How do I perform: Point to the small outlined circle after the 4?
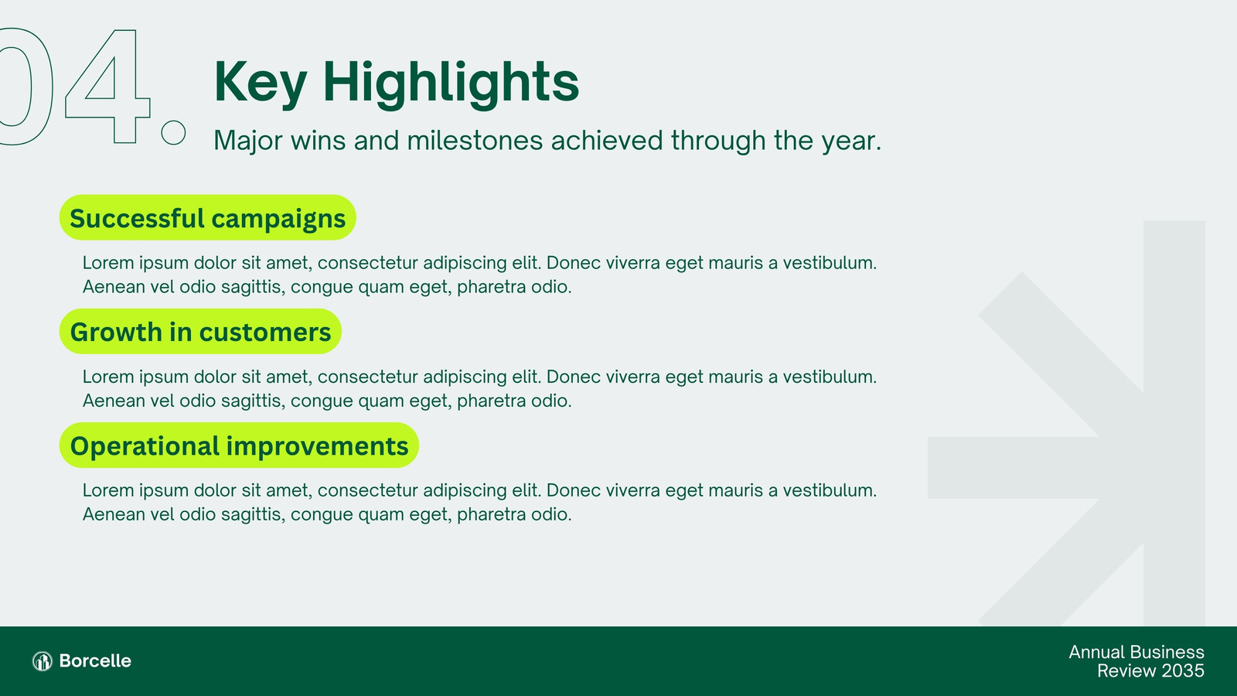click(x=173, y=132)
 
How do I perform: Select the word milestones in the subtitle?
click(x=475, y=140)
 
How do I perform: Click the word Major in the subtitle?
click(x=248, y=142)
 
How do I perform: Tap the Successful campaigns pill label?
click(x=208, y=217)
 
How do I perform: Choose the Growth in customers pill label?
click(x=200, y=332)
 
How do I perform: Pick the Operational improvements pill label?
click(x=239, y=445)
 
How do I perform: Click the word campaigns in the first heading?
click(x=278, y=220)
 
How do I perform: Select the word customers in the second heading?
click(x=265, y=333)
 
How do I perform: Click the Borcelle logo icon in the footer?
click(x=43, y=660)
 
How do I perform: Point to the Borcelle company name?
click(x=95, y=660)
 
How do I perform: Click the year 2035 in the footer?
click(x=1182, y=670)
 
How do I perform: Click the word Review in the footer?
click(x=1126, y=670)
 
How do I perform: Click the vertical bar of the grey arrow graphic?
click(x=1174, y=423)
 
